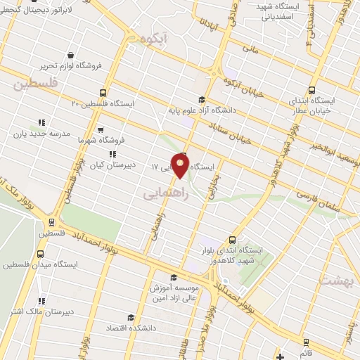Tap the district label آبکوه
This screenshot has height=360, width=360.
[x=155, y=39]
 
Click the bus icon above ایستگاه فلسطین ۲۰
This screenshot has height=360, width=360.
[x=103, y=92]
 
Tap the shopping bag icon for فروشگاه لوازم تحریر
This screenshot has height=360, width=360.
[x=71, y=55]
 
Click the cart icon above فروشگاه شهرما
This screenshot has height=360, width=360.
[x=101, y=129]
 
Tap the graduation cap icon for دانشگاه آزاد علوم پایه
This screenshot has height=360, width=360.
[x=202, y=99]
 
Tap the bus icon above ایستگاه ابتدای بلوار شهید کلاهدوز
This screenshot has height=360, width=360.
[x=233, y=239]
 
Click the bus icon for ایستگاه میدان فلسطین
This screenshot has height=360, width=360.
[x=39, y=255]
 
